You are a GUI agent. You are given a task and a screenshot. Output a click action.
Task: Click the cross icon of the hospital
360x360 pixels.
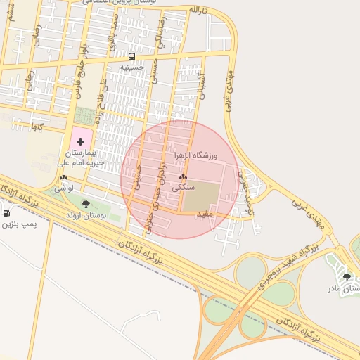click(79, 142)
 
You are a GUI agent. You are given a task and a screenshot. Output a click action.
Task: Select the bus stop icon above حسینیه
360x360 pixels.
click(132, 56)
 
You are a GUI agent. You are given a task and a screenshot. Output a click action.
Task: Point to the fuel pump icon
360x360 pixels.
click(7, 213)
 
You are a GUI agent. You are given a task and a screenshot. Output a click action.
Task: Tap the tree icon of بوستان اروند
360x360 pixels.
click(86, 205)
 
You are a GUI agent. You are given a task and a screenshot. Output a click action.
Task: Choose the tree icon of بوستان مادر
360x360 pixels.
click(347, 278)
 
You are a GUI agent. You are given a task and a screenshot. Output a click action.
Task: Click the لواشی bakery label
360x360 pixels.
click(64, 188)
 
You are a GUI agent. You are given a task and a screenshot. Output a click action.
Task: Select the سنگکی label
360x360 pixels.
click(183, 188)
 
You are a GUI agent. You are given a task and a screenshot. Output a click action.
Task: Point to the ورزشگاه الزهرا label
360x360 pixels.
click(195, 153)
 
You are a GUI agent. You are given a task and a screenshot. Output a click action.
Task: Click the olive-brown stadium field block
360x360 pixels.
click(201, 196)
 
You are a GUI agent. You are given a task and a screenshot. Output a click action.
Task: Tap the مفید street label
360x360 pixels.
click(205, 214)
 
